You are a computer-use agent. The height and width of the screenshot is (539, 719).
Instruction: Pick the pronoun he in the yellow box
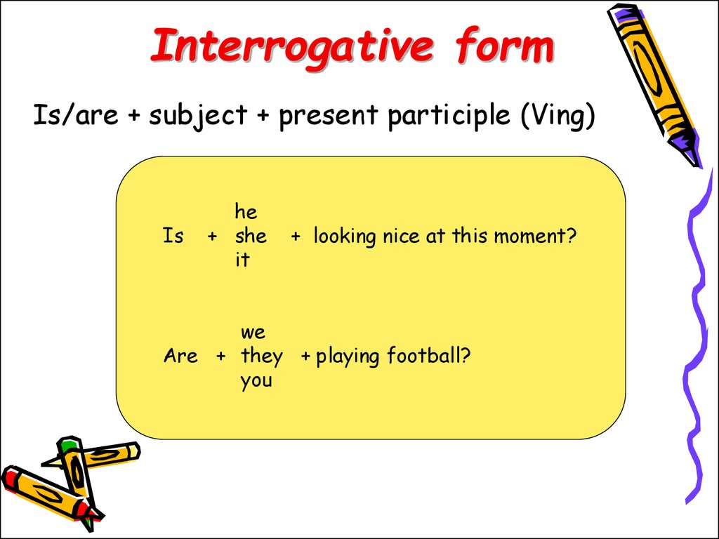coord(246,212)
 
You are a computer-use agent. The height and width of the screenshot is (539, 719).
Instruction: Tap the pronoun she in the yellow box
coord(251,237)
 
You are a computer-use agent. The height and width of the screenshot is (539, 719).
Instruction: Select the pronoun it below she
coord(242,261)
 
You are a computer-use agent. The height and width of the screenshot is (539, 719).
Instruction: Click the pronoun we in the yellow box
coord(253,332)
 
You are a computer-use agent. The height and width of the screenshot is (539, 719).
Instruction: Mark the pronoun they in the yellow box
coord(262,357)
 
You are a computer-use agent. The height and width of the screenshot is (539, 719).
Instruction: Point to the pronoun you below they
coord(256,381)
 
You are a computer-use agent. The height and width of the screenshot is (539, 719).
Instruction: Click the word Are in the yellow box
coord(180,357)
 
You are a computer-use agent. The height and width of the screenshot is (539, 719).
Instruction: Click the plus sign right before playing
coord(305,357)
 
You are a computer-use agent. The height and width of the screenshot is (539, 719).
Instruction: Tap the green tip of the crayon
coord(67,445)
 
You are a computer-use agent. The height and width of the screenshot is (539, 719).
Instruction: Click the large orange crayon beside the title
coord(653,84)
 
